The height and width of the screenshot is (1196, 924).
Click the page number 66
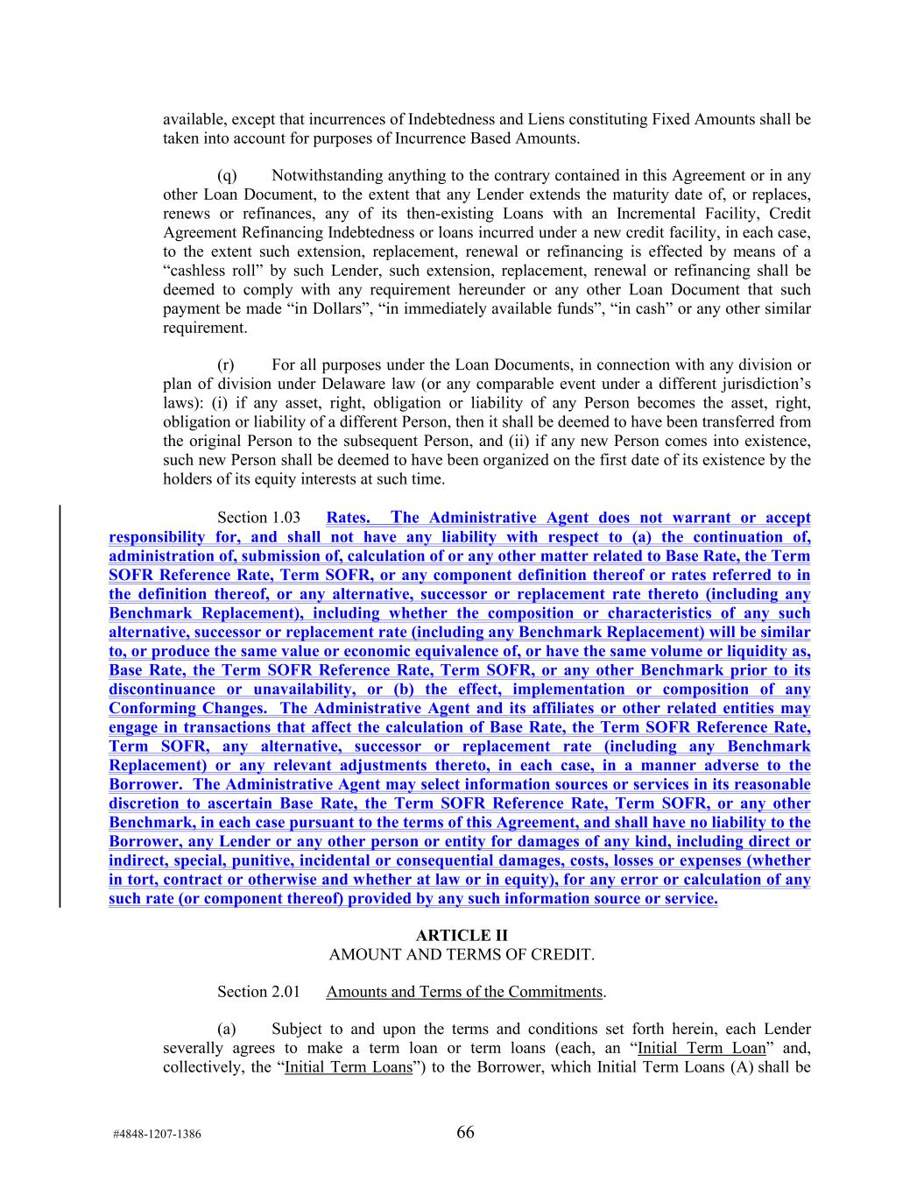[x=465, y=1132]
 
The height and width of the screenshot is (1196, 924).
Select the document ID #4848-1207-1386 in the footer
[x=157, y=1134]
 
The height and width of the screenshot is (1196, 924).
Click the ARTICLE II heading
[x=462, y=935]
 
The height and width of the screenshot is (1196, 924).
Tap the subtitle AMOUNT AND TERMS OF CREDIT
[x=462, y=954]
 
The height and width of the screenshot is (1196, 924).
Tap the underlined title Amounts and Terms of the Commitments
[x=464, y=992]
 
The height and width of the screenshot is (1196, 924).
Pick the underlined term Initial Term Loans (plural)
[x=349, y=1067]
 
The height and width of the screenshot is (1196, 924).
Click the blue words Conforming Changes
[x=187, y=708]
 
